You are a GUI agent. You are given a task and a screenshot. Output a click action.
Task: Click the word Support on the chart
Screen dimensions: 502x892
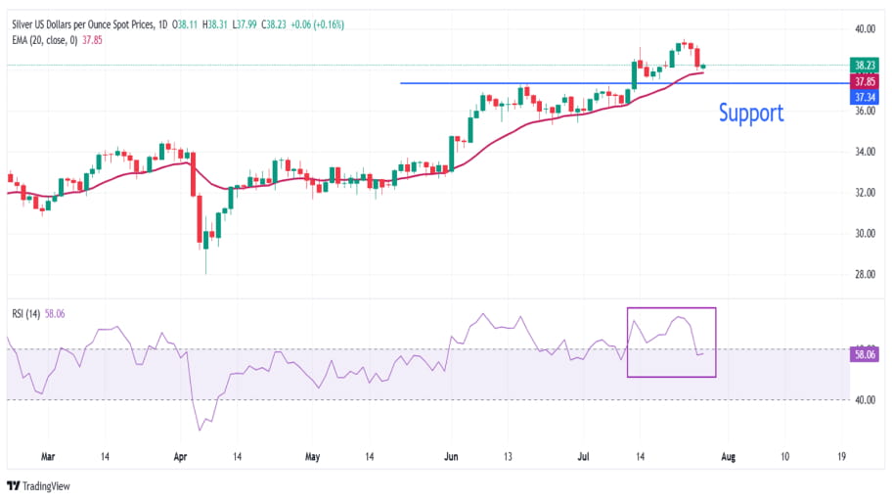tap(751, 113)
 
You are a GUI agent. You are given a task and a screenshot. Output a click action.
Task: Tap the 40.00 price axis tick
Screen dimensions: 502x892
tap(864, 29)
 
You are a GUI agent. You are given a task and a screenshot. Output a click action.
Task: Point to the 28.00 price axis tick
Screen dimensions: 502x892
tap(864, 274)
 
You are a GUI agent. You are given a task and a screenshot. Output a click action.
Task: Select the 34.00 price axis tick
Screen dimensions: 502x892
tap(864, 152)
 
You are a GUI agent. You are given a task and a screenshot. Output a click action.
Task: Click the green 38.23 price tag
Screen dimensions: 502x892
tap(865, 65)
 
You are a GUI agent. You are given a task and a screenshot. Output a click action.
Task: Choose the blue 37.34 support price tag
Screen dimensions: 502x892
tap(865, 97)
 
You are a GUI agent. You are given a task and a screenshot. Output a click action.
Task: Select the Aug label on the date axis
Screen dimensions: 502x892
tap(729, 456)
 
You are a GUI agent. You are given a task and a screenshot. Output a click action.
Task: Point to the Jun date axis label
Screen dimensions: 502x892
tap(451, 456)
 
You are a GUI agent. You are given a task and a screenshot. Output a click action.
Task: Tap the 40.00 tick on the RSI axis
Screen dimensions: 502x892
tap(864, 399)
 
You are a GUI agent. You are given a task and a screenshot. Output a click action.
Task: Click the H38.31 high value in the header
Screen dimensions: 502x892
tap(215, 24)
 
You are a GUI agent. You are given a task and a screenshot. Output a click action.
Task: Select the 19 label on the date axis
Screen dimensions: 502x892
tap(842, 456)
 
